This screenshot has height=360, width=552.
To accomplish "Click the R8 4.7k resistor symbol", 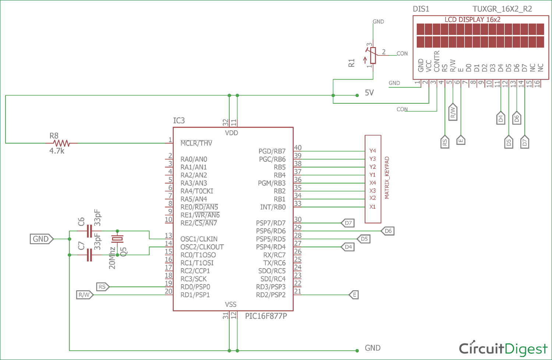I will click(61, 143).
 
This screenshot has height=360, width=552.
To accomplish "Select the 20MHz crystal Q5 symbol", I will click(117, 239).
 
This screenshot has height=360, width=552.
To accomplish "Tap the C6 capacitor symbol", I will click(89, 231).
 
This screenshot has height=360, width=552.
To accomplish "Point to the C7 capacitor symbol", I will click(89, 254).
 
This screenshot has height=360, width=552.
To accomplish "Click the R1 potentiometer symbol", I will click(373, 56).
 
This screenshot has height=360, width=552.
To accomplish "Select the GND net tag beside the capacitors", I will click(41, 239).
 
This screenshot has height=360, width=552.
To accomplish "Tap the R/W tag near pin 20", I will click(85, 295).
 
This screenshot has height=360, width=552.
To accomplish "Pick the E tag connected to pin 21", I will click(354, 295).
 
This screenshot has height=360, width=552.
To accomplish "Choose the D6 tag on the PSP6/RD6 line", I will click(388, 231).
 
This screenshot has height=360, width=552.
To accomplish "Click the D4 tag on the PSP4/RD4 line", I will click(348, 247).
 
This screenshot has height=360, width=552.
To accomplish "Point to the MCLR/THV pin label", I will click(196, 143).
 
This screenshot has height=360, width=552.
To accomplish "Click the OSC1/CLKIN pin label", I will click(199, 239).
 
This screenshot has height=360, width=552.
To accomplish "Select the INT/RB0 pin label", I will click(273, 207).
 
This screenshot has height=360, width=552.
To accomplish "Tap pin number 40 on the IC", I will click(298, 148).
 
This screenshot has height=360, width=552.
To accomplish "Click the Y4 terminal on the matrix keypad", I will click(372, 151).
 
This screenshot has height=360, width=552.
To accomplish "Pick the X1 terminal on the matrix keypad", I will click(372, 207).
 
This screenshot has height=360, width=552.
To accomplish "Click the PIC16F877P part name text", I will click(266, 316).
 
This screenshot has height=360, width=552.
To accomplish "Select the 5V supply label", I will click(369, 93).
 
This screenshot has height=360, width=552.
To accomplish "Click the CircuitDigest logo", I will click(503, 348).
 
